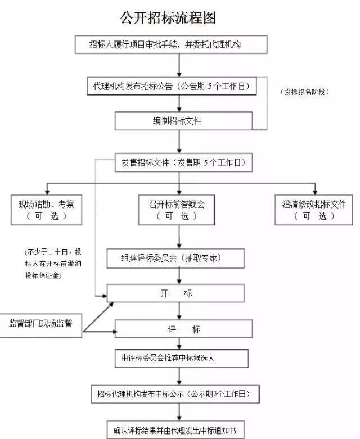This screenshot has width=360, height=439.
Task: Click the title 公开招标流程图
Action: click(168, 18)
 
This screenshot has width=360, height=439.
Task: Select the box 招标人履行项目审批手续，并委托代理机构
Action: click(171, 44)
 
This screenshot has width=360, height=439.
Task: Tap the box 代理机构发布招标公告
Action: click(172, 86)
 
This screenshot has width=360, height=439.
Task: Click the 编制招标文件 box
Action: click(183, 121)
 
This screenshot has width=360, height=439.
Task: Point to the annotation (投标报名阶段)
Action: click(304, 92)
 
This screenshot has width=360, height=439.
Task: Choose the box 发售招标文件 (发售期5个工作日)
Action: click(183, 162)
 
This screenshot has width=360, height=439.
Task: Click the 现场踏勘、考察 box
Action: click(47, 210)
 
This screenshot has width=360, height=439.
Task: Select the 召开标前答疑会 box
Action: click(177, 210)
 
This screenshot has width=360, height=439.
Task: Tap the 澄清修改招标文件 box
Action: click(313, 210)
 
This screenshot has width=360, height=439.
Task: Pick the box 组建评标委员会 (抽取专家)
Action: click(175, 258)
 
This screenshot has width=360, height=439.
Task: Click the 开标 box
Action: click(175, 293)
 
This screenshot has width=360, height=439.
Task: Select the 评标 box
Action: click(183, 329)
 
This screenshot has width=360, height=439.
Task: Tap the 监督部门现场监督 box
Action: click(40, 325)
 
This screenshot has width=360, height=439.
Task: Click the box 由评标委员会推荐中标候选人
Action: click(182, 358)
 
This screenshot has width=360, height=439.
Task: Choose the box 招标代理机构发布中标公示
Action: click(175, 394)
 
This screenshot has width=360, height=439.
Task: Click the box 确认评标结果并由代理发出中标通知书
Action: click(175, 430)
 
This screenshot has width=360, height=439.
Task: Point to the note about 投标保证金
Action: click(53, 264)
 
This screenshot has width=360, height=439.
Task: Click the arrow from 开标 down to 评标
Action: click(179, 311)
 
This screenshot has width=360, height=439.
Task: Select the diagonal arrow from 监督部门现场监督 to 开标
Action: click(98, 317)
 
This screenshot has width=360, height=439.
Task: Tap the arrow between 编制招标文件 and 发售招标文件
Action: click(179, 142)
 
